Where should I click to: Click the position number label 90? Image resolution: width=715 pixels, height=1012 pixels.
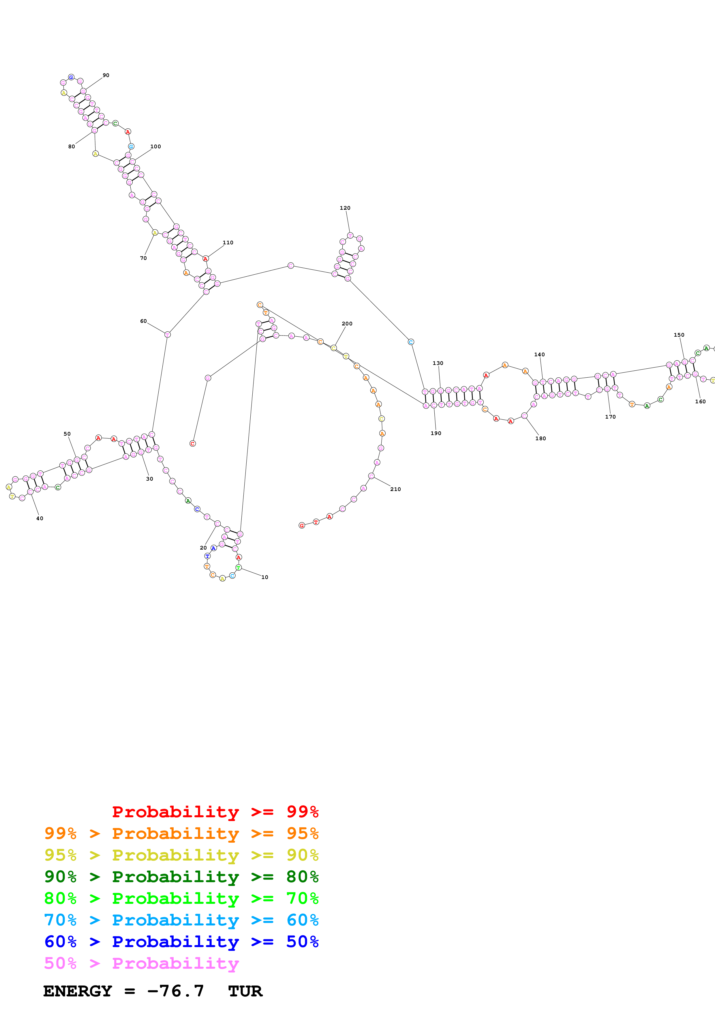106,75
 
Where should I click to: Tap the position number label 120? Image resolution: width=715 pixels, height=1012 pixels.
345,208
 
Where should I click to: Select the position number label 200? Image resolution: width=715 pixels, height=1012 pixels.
347,323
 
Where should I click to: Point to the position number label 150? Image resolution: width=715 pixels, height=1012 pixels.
679,335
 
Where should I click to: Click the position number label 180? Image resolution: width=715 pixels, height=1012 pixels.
541,438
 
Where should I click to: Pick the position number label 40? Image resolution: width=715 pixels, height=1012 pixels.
40,518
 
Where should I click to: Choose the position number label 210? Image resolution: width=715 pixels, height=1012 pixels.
396,489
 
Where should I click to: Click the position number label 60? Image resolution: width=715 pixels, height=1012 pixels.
143,321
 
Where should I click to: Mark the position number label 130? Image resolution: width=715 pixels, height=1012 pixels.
438,363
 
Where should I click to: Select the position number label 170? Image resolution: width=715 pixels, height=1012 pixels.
610,417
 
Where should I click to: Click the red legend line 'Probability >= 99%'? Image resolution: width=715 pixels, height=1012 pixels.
215,812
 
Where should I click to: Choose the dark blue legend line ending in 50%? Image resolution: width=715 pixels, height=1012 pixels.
181,942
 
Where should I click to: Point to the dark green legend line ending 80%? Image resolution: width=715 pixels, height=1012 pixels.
181,877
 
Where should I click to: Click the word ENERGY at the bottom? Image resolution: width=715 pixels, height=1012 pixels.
78,991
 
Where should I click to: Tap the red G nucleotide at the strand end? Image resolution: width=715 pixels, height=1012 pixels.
302,525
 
